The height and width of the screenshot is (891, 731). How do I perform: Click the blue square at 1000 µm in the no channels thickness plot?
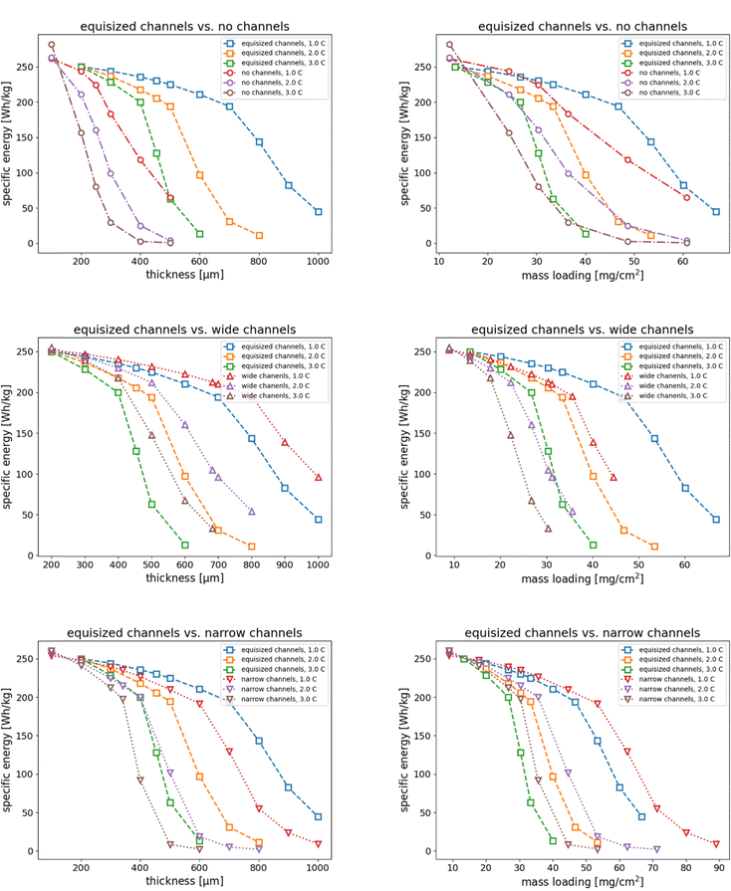click(x=319, y=211)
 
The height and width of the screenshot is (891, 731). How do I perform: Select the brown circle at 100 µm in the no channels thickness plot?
click(x=52, y=45)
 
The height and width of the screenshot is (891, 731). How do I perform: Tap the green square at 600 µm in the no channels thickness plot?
click(x=200, y=234)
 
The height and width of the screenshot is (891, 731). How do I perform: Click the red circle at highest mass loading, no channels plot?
click(x=686, y=197)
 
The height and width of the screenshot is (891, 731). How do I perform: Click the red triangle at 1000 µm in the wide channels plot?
click(x=319, y=478)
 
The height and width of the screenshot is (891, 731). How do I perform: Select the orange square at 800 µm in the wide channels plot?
click(x=252, y=546)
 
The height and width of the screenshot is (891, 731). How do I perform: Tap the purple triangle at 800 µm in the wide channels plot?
click(x=252, y=512)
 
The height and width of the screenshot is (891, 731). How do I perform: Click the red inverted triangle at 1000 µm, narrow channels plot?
click(x=319, y=844)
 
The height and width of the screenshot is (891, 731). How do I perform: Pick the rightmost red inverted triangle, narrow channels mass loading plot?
click(x=716, y=844)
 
